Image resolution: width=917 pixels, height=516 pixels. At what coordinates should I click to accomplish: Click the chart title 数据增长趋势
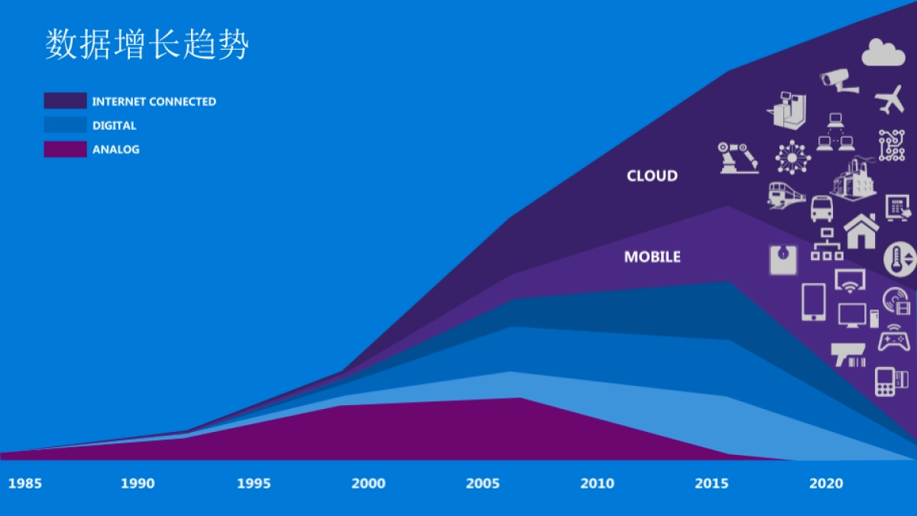coord(147,45)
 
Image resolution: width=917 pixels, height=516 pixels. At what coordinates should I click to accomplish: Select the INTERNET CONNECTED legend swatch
coord(65,101)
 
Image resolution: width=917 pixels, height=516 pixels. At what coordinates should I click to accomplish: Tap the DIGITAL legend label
coord(114,125)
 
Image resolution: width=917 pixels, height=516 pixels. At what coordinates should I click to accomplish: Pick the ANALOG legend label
coord(115,150)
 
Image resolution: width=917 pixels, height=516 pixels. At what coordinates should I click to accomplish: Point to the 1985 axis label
coord(25,483)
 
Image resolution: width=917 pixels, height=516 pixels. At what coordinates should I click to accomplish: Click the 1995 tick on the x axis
coord(253,483)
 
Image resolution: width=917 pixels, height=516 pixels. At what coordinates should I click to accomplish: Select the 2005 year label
coord(483,483)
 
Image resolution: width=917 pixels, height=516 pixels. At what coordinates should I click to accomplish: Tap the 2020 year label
coord(826,483)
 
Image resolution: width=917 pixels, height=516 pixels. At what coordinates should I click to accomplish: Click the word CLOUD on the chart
coord(652,176)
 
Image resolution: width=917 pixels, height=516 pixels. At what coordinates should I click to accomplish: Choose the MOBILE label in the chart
coord(652,257)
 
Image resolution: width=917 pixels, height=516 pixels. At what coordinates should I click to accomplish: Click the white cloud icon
coord(883,53)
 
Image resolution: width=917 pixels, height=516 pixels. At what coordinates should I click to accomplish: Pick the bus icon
coord(821,208)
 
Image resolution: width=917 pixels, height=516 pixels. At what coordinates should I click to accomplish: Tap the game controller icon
coord(893,339)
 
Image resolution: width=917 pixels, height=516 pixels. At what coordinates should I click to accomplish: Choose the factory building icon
coord(853,180)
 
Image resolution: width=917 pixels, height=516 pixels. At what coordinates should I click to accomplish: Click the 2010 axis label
coord(597,483)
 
